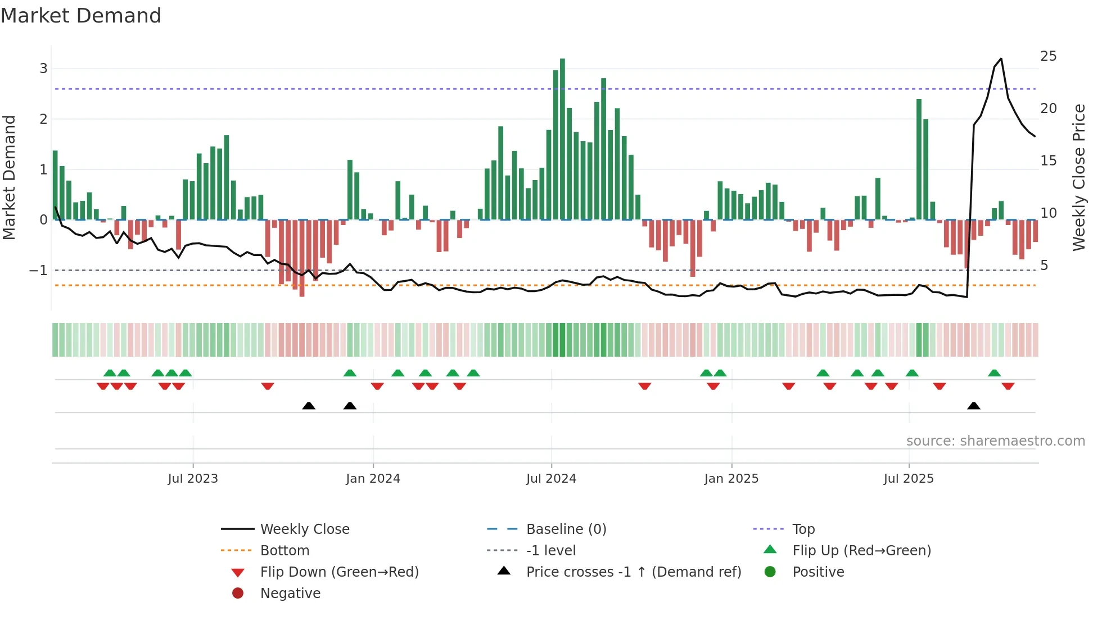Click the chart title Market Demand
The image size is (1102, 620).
pos(81,16)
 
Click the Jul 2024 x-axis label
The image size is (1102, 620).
pos(551,479)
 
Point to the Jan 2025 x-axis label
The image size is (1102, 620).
pos(731,479)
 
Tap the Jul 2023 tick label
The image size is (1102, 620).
pos(193,479)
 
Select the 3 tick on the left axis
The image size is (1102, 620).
pos(43,69)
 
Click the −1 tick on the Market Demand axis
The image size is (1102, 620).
pos(38,271)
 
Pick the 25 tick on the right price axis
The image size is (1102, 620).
pos(1048,56)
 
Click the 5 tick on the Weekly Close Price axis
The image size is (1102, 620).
pos(1044,266)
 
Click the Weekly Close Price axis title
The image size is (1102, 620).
pos(1078,177)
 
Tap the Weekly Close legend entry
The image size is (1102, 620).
pos(304,529)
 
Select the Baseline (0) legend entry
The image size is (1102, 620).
pos(566,529)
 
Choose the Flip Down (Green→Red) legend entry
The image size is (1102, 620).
pos(339,572)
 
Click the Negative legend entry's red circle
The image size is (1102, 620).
pos(238,594)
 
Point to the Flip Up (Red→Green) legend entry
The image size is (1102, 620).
pos(861,551)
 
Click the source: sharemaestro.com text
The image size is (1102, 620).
pos(995,441)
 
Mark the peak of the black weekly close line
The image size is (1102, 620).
pos(1001,59)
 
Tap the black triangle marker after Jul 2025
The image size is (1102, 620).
pos(974,406)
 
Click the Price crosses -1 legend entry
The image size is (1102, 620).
pos(633,572)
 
